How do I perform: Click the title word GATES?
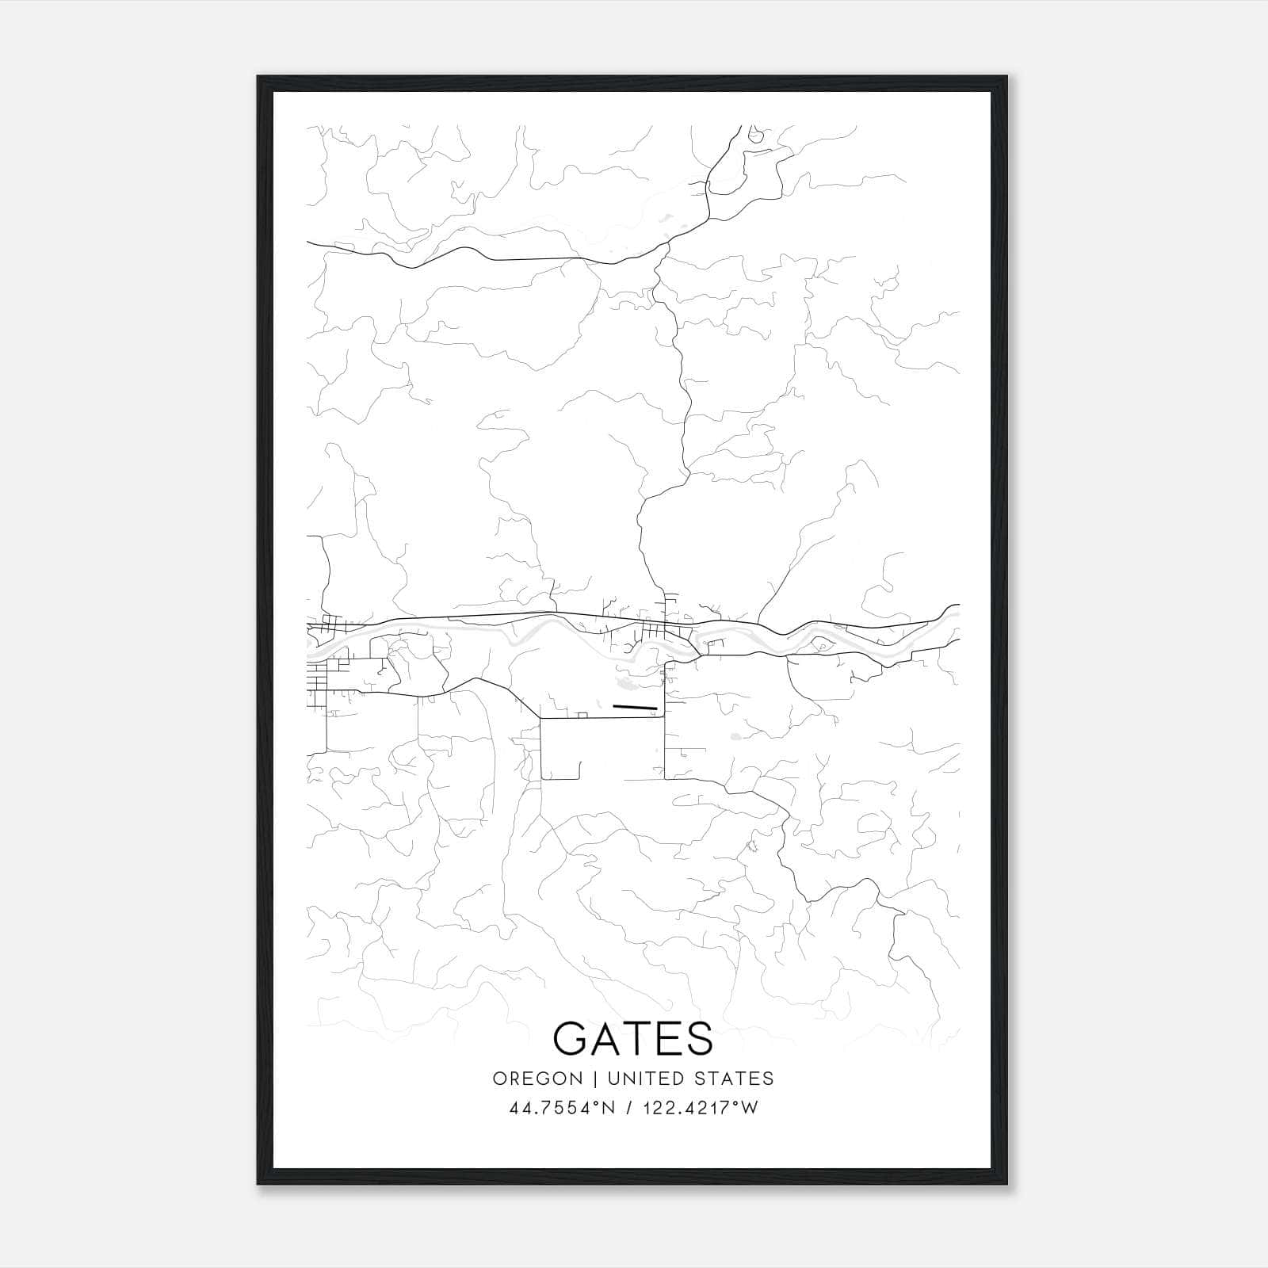633,1038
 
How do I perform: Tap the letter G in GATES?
572,1038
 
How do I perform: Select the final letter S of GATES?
697,1038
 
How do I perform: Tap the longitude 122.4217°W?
700,1108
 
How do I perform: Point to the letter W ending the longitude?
750,1108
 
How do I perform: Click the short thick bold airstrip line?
636,705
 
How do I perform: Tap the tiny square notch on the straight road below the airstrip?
582,716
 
